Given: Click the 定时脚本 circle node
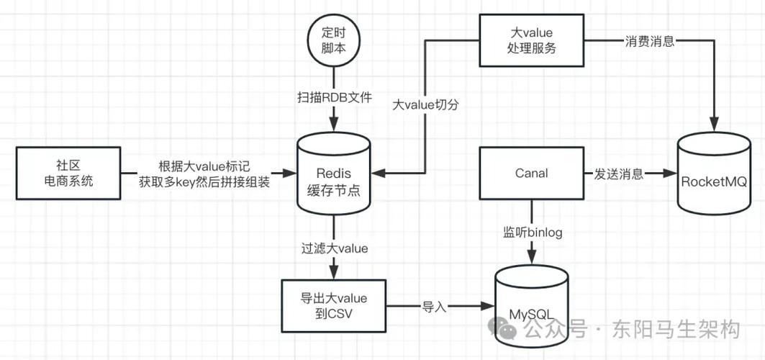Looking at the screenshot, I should coord(333,38).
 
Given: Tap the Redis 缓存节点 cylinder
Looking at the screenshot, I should coord(333,174).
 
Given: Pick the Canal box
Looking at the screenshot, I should coord(532,174).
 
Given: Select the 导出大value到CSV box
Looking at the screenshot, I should coord(333,306).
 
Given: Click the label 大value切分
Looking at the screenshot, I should coord(425,104).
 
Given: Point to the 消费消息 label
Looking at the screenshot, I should coord(649,41).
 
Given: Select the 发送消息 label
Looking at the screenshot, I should coord(618,174).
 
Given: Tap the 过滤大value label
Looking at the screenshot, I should coord(335,249).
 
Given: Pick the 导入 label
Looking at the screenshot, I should coord(435,307).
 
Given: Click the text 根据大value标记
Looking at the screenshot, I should coord(204,166).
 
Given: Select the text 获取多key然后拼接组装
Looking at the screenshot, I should coord(204,182).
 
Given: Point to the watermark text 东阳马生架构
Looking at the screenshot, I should coord(675,330).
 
